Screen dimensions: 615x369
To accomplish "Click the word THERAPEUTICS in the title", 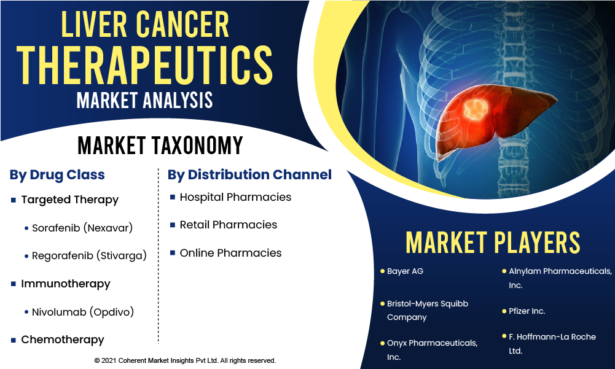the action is (x=145, y=65).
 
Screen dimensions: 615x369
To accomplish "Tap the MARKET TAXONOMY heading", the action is (x=160, y=146).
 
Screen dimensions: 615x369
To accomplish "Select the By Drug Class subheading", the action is (x=57, y=175).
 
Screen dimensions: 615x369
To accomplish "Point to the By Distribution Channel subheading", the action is (x=249, y=175).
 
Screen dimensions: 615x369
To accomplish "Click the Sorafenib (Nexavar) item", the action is (x=82, y=228).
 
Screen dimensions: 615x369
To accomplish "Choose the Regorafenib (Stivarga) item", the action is (x=89, y=255).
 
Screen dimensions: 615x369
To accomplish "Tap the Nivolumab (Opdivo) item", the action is (x=83, y=312).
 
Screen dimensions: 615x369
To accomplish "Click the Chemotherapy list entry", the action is (x=63, y=340).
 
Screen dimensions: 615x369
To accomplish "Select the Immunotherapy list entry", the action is (x=66, y=284).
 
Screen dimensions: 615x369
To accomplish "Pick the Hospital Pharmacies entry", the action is (x=235, y=197).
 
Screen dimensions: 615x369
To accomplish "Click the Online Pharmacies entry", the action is (x=230, y=253).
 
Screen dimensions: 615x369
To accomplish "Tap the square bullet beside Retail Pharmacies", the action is (x=172, y=225).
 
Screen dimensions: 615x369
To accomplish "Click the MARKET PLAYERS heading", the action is (x=493, y=243).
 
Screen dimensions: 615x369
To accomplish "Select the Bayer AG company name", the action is (x=405, y=271).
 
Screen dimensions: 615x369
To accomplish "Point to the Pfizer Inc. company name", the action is (x=527, y=311).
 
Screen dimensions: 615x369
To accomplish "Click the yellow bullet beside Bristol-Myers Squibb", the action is (x=382, y=303).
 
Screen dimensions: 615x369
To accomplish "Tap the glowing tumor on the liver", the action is (x=476, y=109).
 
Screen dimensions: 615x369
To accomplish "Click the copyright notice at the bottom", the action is (x=185, y=360).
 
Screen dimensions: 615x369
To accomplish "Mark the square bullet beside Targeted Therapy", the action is (x=14, y=200).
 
